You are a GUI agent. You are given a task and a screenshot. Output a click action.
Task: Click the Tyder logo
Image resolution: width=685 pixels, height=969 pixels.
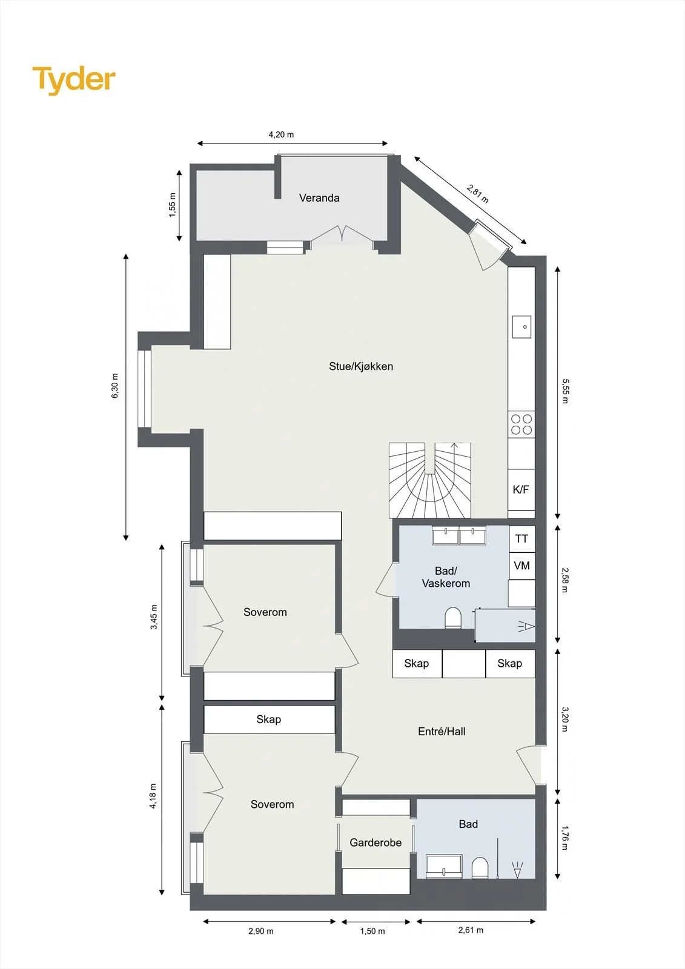[74, 81]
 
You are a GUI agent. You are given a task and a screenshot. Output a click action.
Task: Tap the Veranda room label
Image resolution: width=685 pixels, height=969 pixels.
[319, 198]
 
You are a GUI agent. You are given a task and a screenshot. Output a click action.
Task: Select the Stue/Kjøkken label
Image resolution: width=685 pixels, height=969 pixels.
[361, 366]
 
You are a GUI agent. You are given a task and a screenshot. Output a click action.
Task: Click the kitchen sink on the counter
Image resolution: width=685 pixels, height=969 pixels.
[521, 326]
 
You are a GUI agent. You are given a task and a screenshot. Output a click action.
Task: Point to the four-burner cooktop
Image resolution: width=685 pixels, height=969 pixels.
[521, 425]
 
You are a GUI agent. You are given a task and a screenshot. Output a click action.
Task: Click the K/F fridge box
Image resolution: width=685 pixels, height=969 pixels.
[521, 489]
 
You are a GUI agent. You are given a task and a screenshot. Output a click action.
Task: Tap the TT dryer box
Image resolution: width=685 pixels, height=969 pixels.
[522, 538]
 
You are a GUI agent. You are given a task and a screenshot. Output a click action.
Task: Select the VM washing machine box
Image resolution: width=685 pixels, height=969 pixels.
[522, 566]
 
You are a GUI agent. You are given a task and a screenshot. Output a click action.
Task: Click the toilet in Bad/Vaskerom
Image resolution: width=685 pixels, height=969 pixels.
[453, 618]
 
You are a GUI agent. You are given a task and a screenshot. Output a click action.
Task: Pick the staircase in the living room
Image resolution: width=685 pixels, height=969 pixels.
[429, 480]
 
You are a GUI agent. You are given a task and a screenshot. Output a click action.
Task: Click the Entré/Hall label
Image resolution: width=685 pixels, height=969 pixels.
[442, 732]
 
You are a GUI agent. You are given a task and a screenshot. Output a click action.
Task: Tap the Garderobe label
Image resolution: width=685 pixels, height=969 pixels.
[376, 842]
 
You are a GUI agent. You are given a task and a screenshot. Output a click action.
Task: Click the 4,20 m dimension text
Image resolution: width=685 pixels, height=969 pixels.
[281, 134]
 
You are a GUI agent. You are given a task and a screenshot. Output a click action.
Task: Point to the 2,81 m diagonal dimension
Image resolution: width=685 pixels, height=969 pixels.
[478, 194]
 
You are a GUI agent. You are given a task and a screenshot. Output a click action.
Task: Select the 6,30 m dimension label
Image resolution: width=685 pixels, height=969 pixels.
[115, 385]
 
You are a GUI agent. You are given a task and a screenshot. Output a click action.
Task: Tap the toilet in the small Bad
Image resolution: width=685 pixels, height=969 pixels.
[480, 868]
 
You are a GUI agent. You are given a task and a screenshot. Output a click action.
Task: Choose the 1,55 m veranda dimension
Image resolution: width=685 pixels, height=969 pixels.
[172, 205]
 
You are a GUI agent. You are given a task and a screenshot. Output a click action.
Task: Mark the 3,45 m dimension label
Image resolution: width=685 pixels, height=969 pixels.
[154, 617]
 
